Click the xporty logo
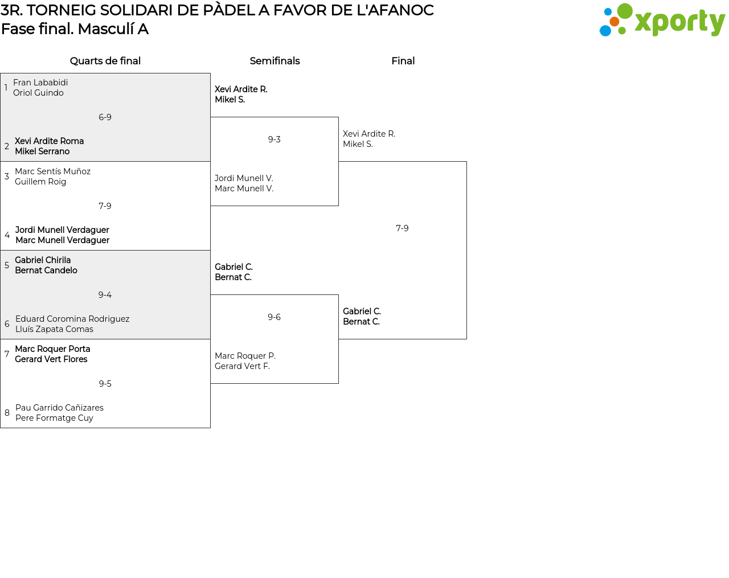click(x=662, y=20)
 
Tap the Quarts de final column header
click(x=105, y=61)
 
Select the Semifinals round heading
click(x=275, y=61)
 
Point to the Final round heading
click(x=403, y=61)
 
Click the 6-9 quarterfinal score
click(x=105, y=117)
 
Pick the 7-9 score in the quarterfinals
click(x=105, y=206)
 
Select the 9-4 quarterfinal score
click(x=105, y=295)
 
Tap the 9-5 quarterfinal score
click(x=105, y=383)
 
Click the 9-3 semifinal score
click(x=274, y=140)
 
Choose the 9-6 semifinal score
click(x=274, y=317)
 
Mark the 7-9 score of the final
click(x=402, y=228)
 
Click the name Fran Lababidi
click(x=40, y=83)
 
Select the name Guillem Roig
click(x=40, y=182)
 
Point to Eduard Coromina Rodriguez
click(x=72, y=319)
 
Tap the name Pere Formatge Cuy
click(x=54, y=418)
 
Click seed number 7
click(x=7, y=354)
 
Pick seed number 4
click(x=7, y=235)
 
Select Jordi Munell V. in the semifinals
click(x=244, y=178)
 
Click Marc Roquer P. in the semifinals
click(x=245, y=356)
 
